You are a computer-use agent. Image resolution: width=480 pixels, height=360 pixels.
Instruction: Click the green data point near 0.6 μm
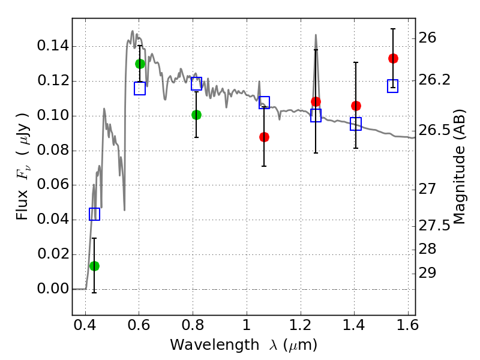(x=140, y=64)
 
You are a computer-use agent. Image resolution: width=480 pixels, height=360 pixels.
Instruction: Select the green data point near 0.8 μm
(x=197, y=115)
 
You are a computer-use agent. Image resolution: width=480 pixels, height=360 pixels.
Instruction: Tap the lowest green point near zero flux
(x=95, y=266)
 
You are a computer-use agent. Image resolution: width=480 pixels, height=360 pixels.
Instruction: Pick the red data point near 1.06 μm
(x=264, y=137)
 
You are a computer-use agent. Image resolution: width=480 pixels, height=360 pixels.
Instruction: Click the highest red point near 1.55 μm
(x=394, y=58)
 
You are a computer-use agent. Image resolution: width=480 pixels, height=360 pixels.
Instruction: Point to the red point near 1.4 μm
(x=356, y=106)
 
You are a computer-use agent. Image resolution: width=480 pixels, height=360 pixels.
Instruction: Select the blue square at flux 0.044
(x=95, y=214)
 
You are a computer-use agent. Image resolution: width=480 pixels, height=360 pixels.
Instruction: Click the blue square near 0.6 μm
(x=140, y=88)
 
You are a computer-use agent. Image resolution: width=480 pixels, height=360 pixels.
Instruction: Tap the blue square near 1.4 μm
(x=356, y=124)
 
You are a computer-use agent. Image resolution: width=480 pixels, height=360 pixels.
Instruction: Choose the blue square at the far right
(x=393, y=86)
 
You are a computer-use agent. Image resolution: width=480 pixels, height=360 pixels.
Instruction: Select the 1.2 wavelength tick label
(x=301, y=325)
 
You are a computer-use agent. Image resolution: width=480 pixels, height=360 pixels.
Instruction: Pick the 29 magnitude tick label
(x=427, y=273)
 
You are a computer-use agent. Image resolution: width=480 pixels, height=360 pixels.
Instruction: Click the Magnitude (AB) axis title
(x=459, y=167)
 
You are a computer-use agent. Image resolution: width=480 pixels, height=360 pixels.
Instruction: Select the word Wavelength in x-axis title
(x=215, y=345)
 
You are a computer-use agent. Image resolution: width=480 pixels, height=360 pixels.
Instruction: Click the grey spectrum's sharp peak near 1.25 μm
(x=316, y=35)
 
